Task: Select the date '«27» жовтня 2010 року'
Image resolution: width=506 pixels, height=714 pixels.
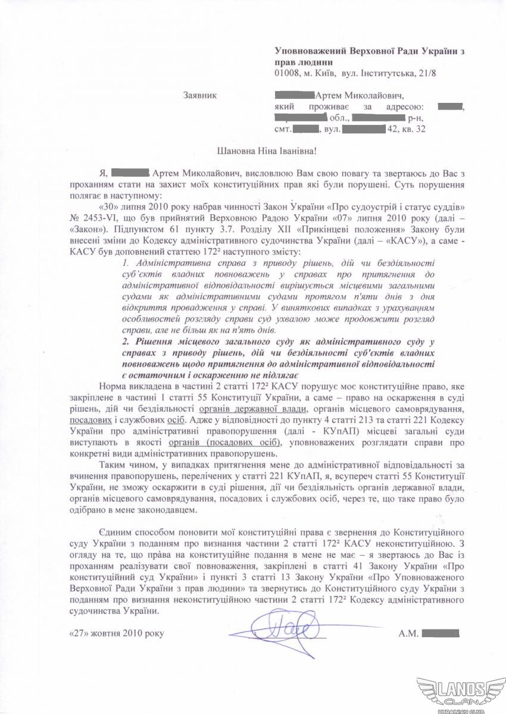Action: pos(115,633)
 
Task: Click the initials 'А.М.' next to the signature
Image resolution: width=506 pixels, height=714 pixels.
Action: pos(408,633)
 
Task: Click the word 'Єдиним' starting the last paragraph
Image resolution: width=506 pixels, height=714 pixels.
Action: pos(112,531)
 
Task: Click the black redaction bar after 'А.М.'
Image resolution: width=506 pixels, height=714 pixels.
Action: pos(441,633)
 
